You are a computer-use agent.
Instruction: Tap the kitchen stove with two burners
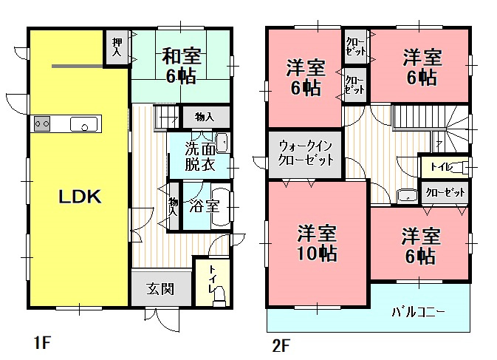click(41, 123)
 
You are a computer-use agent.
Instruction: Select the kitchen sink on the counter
click(85, 124)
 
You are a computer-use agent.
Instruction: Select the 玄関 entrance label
click(160, 288)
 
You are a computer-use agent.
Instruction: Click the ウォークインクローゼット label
click(305, 154)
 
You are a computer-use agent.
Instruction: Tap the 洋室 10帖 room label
click(318, 243)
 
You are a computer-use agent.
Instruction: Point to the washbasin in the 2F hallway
click(407, 196)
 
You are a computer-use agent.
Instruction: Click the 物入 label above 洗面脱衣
click(204, 117)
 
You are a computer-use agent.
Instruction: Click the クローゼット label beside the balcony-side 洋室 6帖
click(446, 192)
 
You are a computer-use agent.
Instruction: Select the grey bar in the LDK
click(77, 66)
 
